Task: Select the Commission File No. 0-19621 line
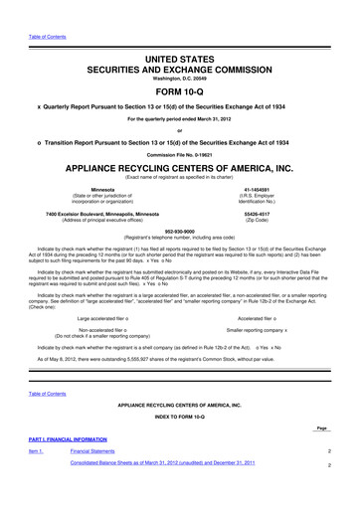click(181, 153)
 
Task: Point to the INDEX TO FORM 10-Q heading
click(181, 446)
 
